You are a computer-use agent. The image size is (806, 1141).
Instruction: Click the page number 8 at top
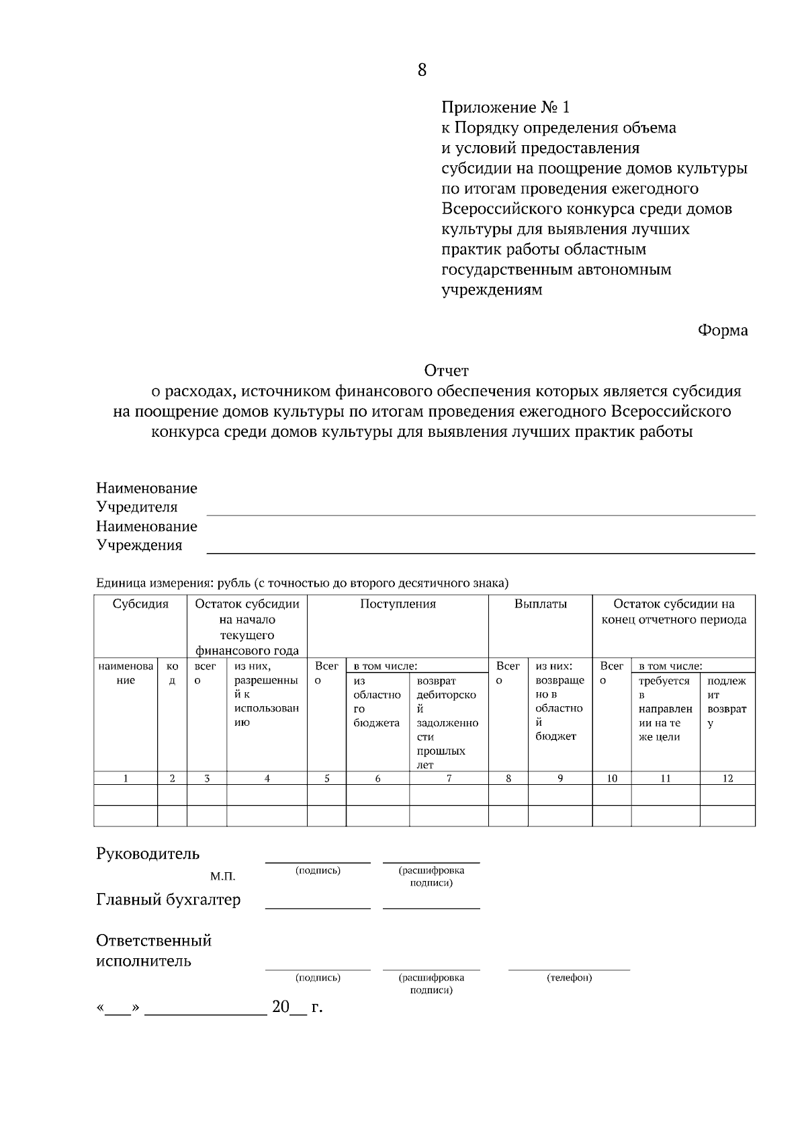click(x=422, y=70)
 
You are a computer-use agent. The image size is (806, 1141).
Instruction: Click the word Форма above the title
click(x=723, y=331)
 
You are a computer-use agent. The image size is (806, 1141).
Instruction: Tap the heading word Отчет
click(x=446, y=371)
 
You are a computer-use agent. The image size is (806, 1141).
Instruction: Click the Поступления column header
click(x=398, y=604)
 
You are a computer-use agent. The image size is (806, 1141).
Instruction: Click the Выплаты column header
click(x=540, y=604)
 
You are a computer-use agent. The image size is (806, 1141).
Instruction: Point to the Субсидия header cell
click(x=140, y=604)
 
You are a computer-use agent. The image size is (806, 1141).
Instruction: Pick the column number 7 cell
click(x=449, y=779)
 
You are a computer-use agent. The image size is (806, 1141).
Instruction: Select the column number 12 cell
click(x=727, y=779)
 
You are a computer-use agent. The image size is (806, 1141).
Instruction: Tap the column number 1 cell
click(x=126, y=779)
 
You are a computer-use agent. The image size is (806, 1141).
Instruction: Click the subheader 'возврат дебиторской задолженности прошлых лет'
click(x=447, y=722)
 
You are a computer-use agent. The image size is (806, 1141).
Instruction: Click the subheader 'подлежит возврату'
click(x=727, y=702)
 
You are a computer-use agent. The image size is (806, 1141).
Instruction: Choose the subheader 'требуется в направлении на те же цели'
click(x=665, y=708)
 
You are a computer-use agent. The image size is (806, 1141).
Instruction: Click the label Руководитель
click(x=148, y=854)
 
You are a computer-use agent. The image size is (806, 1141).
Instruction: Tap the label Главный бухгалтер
click(x=168, y=900)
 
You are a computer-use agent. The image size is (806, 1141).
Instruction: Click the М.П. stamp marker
click(x=222, y=877)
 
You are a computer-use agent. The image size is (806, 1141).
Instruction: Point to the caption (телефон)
click(x=569, y=978)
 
